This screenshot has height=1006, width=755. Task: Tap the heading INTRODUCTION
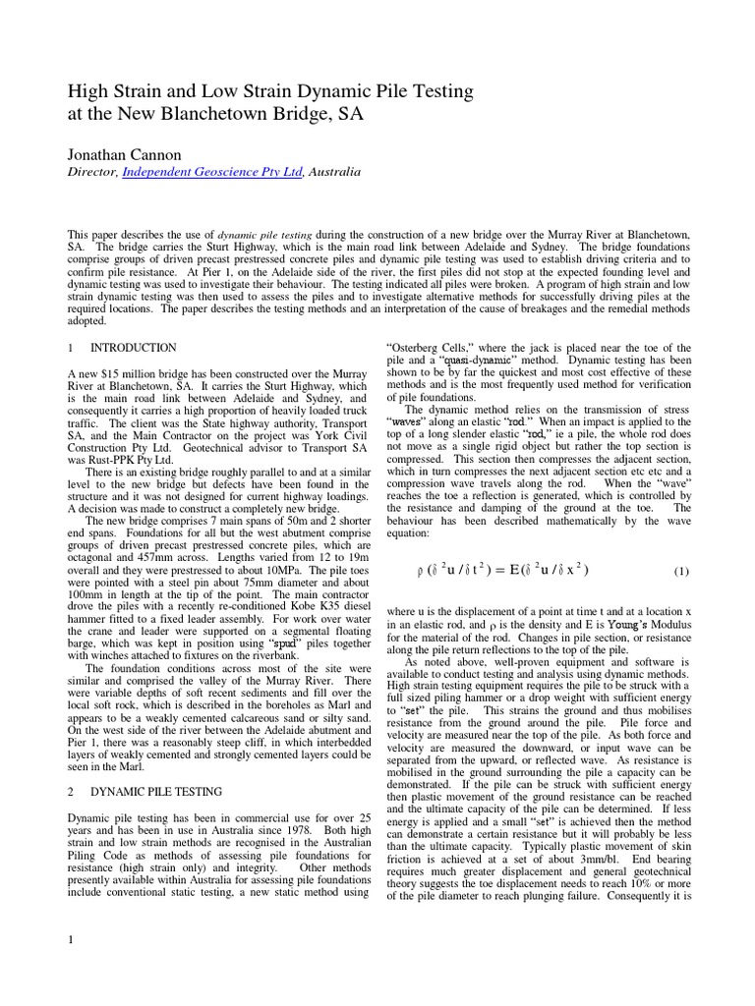(x=134, y=348)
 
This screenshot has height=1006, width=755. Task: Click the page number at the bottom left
(x=71, y=941)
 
